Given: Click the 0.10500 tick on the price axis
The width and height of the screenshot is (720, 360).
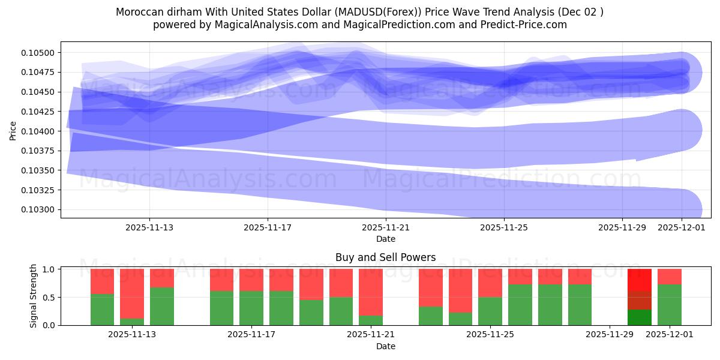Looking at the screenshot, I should coord(38,53).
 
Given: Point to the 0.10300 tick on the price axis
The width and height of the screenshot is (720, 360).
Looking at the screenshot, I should coord(38,210).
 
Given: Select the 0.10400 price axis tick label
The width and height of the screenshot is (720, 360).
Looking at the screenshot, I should coord(38,131).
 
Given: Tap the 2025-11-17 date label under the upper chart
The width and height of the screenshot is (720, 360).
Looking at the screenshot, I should coord(268,227).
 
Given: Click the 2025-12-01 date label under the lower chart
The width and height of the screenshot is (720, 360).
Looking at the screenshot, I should coord(670,335).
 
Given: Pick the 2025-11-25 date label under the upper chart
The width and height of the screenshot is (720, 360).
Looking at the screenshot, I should coord(504,227).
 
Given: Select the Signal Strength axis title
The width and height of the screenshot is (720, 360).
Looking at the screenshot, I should coord(34,296).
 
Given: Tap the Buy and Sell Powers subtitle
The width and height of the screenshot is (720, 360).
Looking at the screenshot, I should coord(385,257).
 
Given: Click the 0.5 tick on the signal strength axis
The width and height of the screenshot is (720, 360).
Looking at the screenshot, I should coord(50,298).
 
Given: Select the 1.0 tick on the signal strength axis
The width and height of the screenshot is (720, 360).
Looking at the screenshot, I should coord(50,269).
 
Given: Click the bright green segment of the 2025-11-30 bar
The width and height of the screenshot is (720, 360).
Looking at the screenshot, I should coord(640,317).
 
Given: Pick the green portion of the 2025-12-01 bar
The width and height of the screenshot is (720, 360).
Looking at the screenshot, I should coord(670,305).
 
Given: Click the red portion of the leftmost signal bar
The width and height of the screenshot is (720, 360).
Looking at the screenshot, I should coord(102,281).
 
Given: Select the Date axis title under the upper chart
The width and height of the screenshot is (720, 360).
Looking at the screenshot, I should coord(385,239).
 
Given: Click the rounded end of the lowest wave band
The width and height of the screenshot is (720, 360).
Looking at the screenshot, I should coord(684,209).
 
